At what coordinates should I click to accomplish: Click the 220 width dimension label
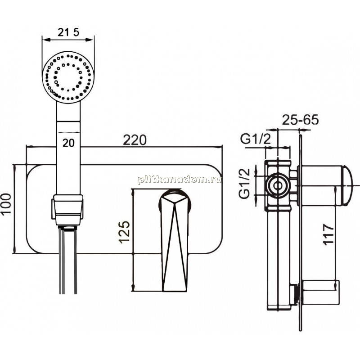tap(135, 140)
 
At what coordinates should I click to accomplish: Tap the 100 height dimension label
tap(6, 203)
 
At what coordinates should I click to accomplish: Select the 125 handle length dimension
tap(125, 232)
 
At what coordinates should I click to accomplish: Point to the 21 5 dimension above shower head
tap(68, 32)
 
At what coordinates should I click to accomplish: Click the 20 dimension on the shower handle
tap(68, 143)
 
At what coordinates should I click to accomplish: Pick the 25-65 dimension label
tap(300, 120)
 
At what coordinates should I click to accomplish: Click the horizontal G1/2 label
tap(256, 139)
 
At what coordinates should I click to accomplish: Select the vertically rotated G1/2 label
tap(244, 183)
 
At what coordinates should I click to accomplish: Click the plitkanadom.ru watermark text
tap(179, 180)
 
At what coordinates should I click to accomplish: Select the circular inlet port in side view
tap(278, 185)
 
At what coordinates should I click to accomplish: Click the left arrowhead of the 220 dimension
tap(30, 146)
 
